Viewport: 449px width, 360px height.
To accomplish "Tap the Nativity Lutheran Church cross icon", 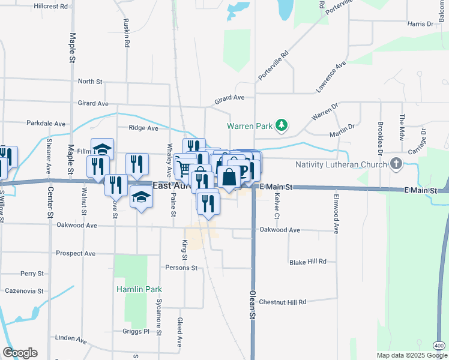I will coord(396,164).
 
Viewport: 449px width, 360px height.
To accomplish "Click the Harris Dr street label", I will coord(420,24).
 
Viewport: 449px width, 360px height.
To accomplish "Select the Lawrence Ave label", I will coord(332,76).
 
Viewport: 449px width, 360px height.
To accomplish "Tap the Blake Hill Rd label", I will coord(307,262).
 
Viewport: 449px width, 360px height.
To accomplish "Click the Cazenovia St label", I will coord(23,291).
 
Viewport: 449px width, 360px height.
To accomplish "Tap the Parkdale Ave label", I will coord(46,124).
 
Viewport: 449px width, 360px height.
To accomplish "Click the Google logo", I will coord(20,353).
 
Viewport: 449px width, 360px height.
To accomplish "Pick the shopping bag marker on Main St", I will coord(229,178).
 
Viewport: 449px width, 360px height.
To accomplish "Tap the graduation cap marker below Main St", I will coord(141,198).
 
